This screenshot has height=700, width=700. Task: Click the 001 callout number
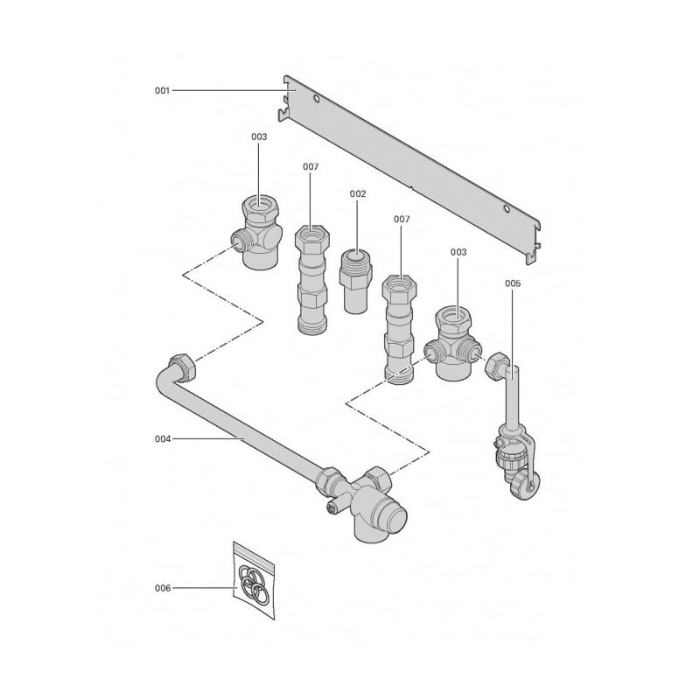click(x=163, y=90)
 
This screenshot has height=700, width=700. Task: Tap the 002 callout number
click(x=358, y=193)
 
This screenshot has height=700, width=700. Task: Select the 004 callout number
click(x=163, y=439)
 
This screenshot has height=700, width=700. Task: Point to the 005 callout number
click(x=514, y=283)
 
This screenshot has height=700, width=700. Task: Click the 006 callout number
click(x=163, y=588)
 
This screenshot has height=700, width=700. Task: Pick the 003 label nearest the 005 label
click(x=458, y=252)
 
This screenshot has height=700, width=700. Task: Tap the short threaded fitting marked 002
click(x=354, y=276)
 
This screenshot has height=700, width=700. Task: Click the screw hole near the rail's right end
click(x=507, y=208)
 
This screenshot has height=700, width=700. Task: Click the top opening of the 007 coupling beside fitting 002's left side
click(x=312, y=234)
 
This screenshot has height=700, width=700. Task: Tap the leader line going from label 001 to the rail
click(x=227, y=90)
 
